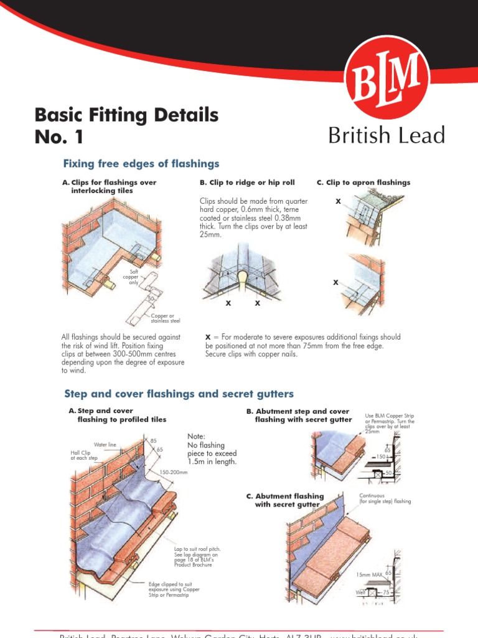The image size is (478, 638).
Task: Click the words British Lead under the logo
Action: coord(387,135)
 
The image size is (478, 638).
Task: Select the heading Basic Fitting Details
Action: coord(127,115)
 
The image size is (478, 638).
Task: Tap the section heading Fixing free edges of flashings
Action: coord(141,164)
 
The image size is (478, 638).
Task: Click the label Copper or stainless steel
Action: coord(166,318)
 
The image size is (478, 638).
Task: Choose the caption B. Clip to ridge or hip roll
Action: coord(247,183)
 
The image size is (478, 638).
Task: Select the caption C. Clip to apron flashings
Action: coord(363,183)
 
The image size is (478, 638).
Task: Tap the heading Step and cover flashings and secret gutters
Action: coord(179,394)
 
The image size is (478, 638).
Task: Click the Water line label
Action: coord(105,445)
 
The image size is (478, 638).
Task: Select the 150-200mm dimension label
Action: coord(174,472)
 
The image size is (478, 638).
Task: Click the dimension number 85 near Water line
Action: coord(153,441)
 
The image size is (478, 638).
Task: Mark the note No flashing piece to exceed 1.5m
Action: coord(212,449)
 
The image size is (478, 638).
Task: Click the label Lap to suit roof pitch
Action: coord(197,557)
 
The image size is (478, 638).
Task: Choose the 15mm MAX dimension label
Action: coord(370,574)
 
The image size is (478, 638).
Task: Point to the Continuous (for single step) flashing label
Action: coord(385,498)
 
